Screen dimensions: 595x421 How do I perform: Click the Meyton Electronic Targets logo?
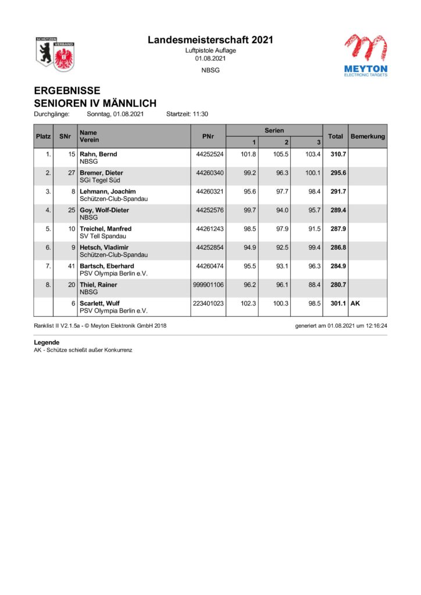365,55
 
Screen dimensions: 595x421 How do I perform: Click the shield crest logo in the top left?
54,55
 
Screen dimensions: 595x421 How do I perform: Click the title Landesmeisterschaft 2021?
210,40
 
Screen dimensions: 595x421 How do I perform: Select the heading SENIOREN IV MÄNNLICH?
95,103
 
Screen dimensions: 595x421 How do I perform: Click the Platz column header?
44,137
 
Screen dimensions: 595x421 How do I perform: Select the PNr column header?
209,137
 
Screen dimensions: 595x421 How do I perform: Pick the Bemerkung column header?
368,137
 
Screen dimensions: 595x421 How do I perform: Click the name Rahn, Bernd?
98,155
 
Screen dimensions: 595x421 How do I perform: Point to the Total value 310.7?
338,155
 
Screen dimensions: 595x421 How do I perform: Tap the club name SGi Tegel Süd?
101,181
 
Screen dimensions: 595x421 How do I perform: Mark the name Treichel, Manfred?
105,229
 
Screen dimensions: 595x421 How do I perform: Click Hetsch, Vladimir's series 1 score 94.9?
248,248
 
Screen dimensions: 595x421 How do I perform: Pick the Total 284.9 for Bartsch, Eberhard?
338,266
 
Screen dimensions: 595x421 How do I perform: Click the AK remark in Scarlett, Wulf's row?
355,303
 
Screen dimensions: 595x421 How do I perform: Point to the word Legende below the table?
47,343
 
